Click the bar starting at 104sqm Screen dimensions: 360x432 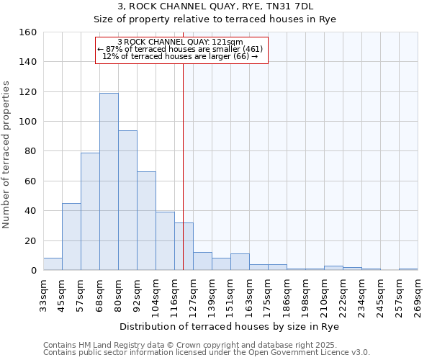point(165,240)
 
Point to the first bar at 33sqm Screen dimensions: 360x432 point(53,264)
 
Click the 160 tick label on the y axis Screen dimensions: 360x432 point(27,32)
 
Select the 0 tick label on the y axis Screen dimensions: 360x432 point(33,271)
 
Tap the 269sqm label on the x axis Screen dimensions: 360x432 point(418,295)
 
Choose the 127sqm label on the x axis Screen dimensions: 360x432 point(193,295)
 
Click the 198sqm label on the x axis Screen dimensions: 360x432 point(305,295)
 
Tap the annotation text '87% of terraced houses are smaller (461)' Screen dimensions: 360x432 point(180,49)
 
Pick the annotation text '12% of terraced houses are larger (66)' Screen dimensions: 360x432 point(180,56)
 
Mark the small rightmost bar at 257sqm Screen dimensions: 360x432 point(408,269)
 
